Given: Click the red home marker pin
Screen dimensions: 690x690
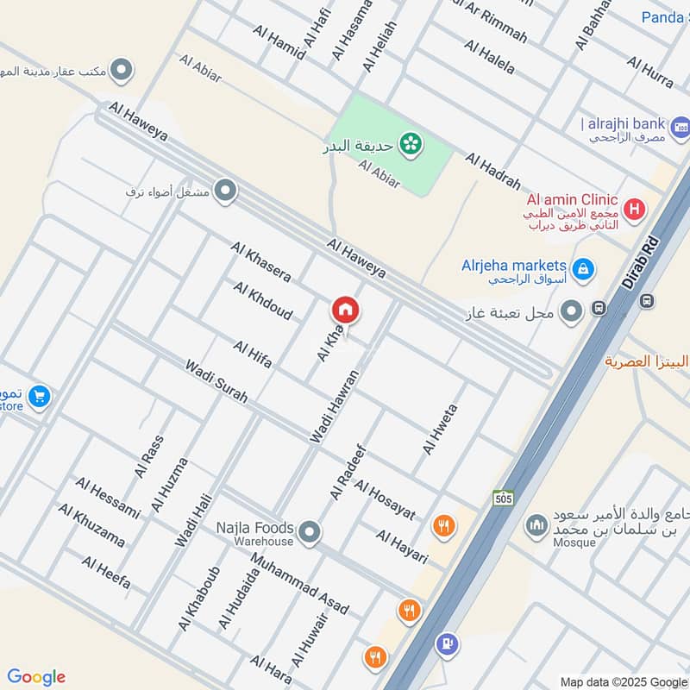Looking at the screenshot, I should pos(346,310).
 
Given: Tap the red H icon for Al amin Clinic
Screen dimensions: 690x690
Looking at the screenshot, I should pos(635,208).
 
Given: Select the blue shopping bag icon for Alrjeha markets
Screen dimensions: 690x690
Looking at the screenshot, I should pos(584,270).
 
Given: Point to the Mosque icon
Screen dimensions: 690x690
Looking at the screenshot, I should pos(537,524).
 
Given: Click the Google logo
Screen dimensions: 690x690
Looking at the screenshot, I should pos(36,677).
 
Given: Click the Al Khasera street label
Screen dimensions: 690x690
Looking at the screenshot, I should pos(260,261).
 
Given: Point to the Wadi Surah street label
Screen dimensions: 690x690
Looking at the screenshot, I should pos(216,381).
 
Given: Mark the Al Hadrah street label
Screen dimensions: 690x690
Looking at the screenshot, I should pos(493,171).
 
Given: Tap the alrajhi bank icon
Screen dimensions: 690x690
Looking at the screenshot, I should pos(680,128).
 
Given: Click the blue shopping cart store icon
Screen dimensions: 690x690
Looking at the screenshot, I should pos(38,397).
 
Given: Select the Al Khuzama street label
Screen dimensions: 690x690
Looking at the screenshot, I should pos(91,524).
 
